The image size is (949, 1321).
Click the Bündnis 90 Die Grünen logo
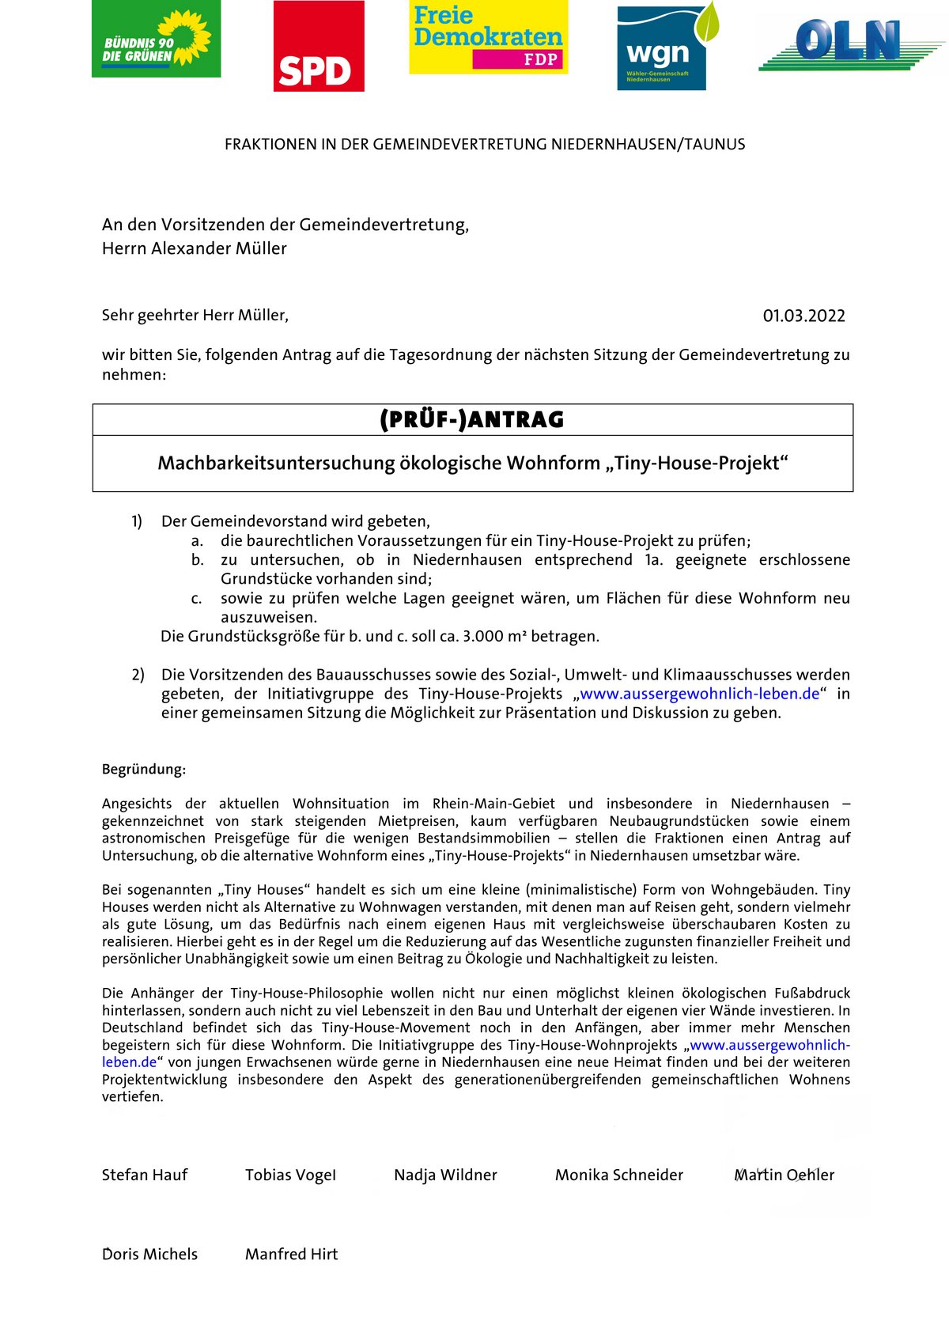(156, 39)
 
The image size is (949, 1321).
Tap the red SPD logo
(319, 46)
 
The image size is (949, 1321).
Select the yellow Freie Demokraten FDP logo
(488, 37)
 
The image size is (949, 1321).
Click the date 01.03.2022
(803, 316)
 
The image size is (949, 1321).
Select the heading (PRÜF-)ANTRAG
(472, 420)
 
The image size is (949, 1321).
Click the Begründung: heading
(144, 770)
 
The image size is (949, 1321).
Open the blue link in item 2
(699, 695)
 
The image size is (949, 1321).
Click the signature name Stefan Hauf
(145, 1175)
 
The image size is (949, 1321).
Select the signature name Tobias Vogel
(290, 1175)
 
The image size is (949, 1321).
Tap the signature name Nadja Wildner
(445, 1175)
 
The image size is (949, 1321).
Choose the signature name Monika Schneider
(618, 1175)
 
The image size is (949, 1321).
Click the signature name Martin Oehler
(784, 1175)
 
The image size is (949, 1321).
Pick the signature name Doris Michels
(150, 1255)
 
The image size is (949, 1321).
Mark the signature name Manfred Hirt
(291, 1255)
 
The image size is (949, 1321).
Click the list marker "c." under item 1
(197, 599)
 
